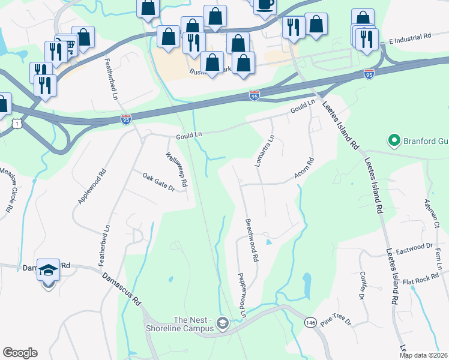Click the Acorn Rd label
[x=304, y=168]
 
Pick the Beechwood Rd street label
[x=251, y=239]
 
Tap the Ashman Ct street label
[x=432, y=214]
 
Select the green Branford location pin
[x=394, y=141]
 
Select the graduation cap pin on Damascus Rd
[x=48, y=271]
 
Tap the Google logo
[x=20, y=353]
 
